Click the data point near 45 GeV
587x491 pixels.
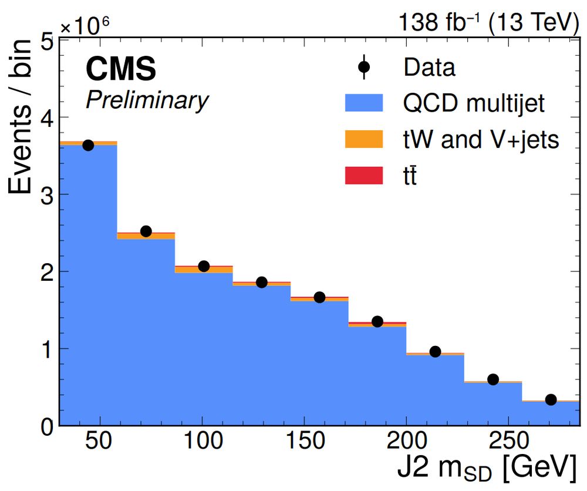click(x=88, y=145)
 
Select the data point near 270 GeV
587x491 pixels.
click(x=551, y=399)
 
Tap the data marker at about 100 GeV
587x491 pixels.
click(x=204, y=266)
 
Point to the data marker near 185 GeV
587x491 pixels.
click(x=377, y=321)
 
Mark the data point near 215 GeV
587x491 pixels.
click(x=435, y=351)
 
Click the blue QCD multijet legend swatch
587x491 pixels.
click(x=363, y=104)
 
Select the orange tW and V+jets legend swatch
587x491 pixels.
click(x=363, y=139)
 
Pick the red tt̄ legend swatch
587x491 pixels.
click(x=363, y=174)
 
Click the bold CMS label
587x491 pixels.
click(x=121, y=69)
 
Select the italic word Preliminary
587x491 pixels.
click(x=147, y=100)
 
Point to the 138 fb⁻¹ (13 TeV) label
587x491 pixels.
click(x=484, y=22)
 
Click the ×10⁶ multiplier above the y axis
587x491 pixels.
click(x=85, y=25)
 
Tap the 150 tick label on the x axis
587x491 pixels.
click(x=303, y=441)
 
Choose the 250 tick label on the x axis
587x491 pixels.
click(x=507, y=441)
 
